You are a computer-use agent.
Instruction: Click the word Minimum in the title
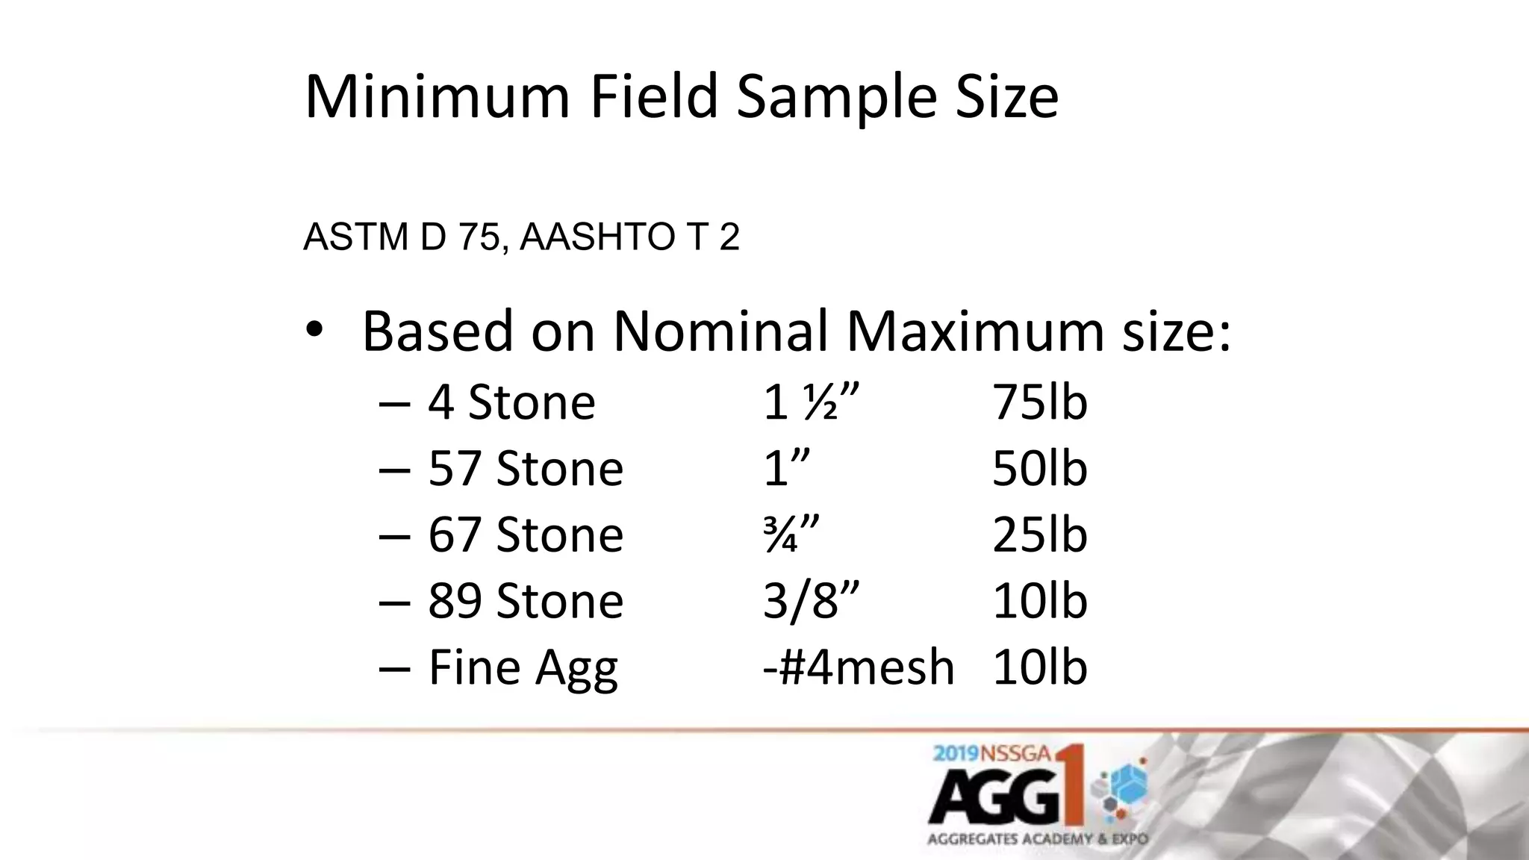(x=437, y=96)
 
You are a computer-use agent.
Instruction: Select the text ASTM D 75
(x=401, y=237)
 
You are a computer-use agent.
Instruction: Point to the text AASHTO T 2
(x=629, y=237)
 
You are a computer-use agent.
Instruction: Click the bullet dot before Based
(x=314, y=329)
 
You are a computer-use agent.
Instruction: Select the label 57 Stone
(x=526, y=469)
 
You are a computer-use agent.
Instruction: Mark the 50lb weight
(x=1039, y=469)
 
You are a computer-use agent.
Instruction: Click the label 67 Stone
(x=526, y=535)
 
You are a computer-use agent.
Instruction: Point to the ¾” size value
(x=791, y=535)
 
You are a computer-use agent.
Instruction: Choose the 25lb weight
(x=1039, y=535)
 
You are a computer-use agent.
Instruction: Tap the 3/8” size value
(x=811, y=601)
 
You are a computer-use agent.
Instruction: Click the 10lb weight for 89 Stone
(x=1039, y=601)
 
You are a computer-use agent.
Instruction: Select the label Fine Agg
(x=523, y=667)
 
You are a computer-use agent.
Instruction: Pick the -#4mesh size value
(x=859, y=667)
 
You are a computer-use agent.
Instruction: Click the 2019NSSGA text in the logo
(x=992, y=753)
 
